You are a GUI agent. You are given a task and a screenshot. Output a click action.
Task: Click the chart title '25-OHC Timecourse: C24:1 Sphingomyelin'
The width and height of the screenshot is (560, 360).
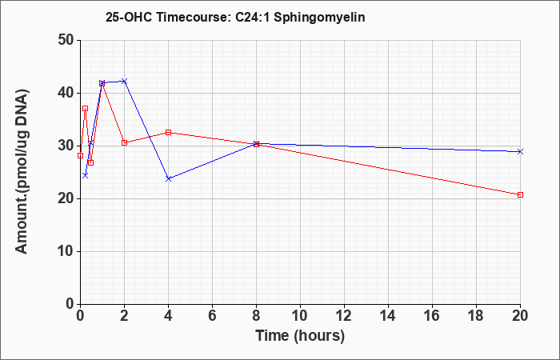[235, 17]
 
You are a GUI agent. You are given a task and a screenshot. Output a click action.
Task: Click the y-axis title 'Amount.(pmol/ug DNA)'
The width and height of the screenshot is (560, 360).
[22, 172]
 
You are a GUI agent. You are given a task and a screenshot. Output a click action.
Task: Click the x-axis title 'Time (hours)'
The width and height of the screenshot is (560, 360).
[300, 336]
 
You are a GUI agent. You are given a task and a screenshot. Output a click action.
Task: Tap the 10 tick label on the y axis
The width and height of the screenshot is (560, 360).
[66, 251]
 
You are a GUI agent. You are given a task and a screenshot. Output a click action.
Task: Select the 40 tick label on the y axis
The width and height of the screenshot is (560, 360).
[66, 94]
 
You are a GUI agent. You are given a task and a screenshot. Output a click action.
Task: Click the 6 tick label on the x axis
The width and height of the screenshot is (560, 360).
[212, 316]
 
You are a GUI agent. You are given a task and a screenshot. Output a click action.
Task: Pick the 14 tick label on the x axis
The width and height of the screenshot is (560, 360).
[388, 316]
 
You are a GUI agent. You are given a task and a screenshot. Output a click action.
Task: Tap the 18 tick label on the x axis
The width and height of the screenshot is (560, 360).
[476, 316]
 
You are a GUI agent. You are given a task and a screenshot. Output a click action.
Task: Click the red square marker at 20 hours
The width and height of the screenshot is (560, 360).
[520, 194]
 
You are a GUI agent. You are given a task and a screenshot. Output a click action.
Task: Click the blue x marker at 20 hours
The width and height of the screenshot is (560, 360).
[520, 151]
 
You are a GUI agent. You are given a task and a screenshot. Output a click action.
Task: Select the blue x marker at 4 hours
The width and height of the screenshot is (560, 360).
[168, 178]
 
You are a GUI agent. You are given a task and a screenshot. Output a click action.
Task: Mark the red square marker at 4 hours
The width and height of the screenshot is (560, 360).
[168, 132]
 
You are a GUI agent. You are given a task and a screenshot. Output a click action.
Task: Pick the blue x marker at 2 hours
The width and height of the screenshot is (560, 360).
[124, 81]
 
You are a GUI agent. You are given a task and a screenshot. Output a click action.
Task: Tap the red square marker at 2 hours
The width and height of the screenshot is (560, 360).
[124, 142]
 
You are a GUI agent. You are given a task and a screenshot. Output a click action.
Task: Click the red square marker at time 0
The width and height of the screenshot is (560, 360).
[80, 155]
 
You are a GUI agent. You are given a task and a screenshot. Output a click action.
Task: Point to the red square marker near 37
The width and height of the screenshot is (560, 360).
[85, 108]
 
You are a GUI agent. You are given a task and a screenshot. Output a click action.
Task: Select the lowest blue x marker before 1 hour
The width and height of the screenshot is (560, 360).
[85, 175]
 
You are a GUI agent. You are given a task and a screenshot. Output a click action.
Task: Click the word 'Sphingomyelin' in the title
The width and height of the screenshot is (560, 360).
[320, 17]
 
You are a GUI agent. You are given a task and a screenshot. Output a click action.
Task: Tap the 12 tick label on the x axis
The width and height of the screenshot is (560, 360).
[344, 316]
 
